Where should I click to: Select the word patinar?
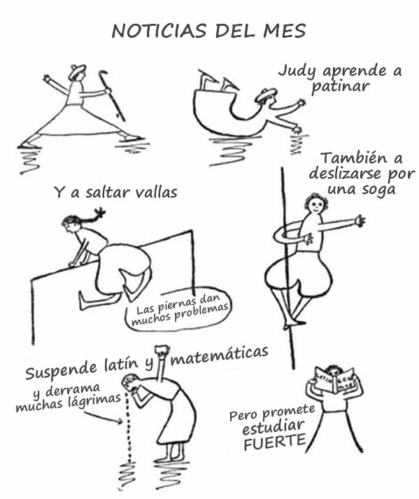pyautogui.click(x=340, y=87)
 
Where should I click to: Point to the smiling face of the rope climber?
pyautogui.click(x=315, y=206)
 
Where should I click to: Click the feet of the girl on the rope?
pyautogui.click(x=294, y=324)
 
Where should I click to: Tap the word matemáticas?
pyautogui.click(x=220, y=356)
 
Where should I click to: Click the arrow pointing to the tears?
pyautogui.click(x=104, y=417)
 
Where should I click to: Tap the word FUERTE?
pyautogui.click(x=275, y=442)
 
